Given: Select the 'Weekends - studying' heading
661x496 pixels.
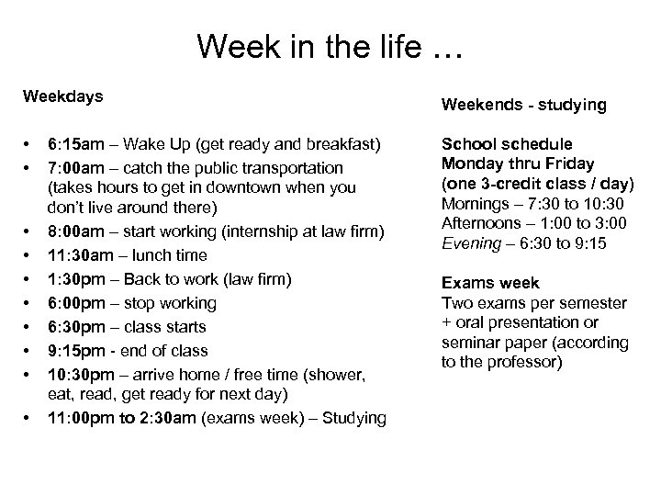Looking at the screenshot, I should (x=524, y=105).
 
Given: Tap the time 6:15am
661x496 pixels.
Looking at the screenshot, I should (x=78, y=144).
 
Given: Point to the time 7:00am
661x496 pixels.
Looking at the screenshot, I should (x=78, y=168).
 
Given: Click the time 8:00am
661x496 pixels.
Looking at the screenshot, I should (x=78, y=231).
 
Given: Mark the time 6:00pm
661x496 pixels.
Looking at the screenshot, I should (x=78, y=302).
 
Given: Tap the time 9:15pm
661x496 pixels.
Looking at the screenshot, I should (x=78, y=350).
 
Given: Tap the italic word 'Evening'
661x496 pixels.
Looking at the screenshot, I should (x=468, y=243).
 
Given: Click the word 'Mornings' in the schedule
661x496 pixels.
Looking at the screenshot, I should (x=474, y=204).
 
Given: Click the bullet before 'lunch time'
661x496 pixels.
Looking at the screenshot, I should (x=29, y=254).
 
